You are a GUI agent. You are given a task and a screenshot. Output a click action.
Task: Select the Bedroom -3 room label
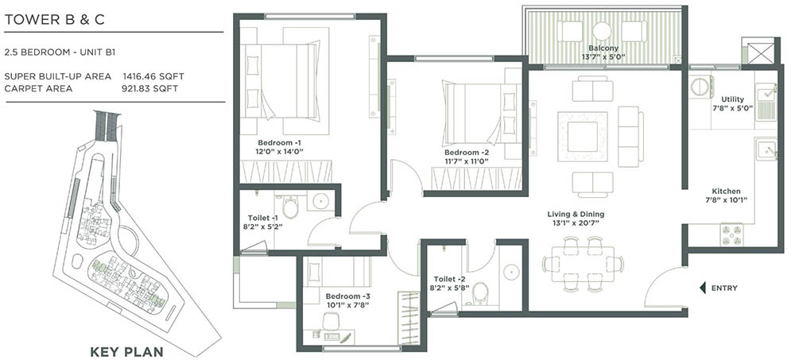pos(348,296)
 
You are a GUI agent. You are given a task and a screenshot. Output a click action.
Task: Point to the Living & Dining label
pos(576,214)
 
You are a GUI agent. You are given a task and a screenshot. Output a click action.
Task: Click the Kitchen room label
pos(726,192)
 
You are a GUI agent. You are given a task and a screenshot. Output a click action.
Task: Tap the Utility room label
pos(731,99)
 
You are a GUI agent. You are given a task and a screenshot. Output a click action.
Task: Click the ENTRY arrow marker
pos(702,287)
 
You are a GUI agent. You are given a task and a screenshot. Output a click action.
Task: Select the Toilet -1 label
pos(263,218)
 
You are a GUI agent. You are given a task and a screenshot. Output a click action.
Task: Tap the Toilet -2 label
pos(450,279)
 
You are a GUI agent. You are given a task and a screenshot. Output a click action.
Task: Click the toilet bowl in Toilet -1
pos(290,208)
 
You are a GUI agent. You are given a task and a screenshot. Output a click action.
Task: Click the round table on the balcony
pos(602,31)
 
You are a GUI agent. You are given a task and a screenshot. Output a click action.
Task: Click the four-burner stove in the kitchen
pos(731,233)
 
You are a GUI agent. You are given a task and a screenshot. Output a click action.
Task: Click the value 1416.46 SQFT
pos(153,76)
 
